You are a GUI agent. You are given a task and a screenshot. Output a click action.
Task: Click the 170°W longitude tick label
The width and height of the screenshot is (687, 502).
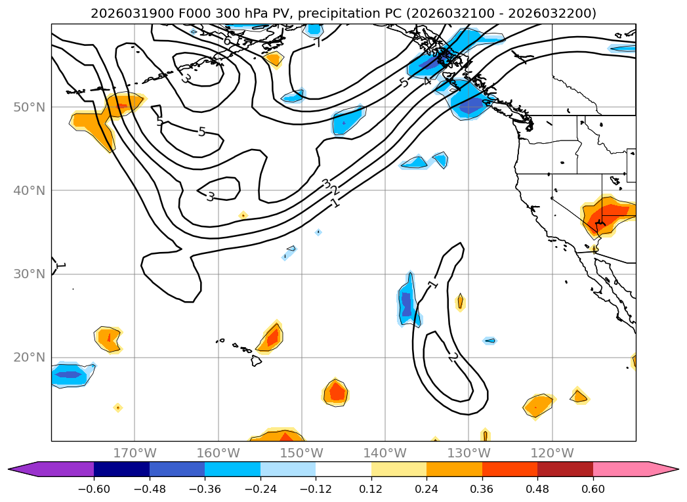[135, 453]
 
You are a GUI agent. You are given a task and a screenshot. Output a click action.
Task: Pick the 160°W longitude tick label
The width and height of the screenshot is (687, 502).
[218, 453]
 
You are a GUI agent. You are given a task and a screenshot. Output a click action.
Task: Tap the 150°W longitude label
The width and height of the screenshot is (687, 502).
[301, 453]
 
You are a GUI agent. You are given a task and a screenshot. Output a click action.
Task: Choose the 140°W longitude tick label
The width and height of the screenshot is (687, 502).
[385, 453]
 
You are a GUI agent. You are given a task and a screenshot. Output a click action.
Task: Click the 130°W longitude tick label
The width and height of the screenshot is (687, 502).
[468, 453]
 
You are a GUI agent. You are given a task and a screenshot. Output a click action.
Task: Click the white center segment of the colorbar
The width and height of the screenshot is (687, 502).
[343, 469]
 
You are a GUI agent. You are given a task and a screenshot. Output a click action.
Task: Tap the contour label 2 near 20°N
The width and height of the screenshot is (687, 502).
[453, 356]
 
